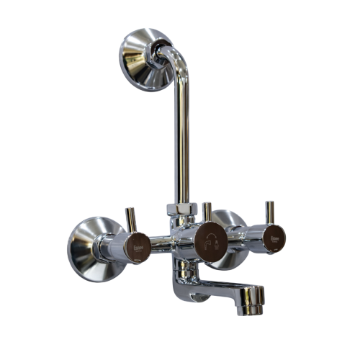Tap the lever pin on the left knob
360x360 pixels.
pyautogui.click(x=131, y=220)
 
